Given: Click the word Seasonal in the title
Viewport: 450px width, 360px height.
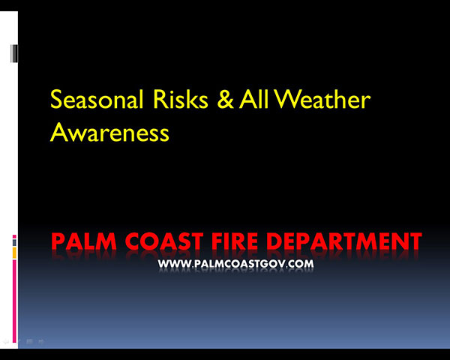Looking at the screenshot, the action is coord(97,99).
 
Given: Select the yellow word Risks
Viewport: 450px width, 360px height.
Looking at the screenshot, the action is coord(181,99).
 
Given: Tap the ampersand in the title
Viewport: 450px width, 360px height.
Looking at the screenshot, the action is coord(226,99).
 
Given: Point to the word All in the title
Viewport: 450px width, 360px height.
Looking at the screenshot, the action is coord(254,99).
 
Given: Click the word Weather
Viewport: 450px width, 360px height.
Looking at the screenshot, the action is coord(322,99).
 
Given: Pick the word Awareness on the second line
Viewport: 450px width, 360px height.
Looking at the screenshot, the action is coord(109,132).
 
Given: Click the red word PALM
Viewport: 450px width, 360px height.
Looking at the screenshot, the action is coord(84,241).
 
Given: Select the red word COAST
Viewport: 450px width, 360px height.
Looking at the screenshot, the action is coord(164,241).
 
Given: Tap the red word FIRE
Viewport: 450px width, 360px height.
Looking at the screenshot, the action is coord(235,241).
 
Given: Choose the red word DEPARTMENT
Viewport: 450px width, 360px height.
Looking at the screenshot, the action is coord(344,241).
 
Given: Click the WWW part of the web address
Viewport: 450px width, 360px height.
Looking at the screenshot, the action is coord(174,264).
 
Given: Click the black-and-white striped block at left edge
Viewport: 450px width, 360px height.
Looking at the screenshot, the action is coord(14,54).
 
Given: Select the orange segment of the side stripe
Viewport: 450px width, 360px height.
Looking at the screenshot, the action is coord(14,253).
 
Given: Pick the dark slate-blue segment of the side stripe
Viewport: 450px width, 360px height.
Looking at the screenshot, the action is coord(14,242).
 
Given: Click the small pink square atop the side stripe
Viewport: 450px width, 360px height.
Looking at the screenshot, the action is coord(14,236).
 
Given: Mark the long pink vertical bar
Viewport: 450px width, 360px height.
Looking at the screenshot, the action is coord(14,301).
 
